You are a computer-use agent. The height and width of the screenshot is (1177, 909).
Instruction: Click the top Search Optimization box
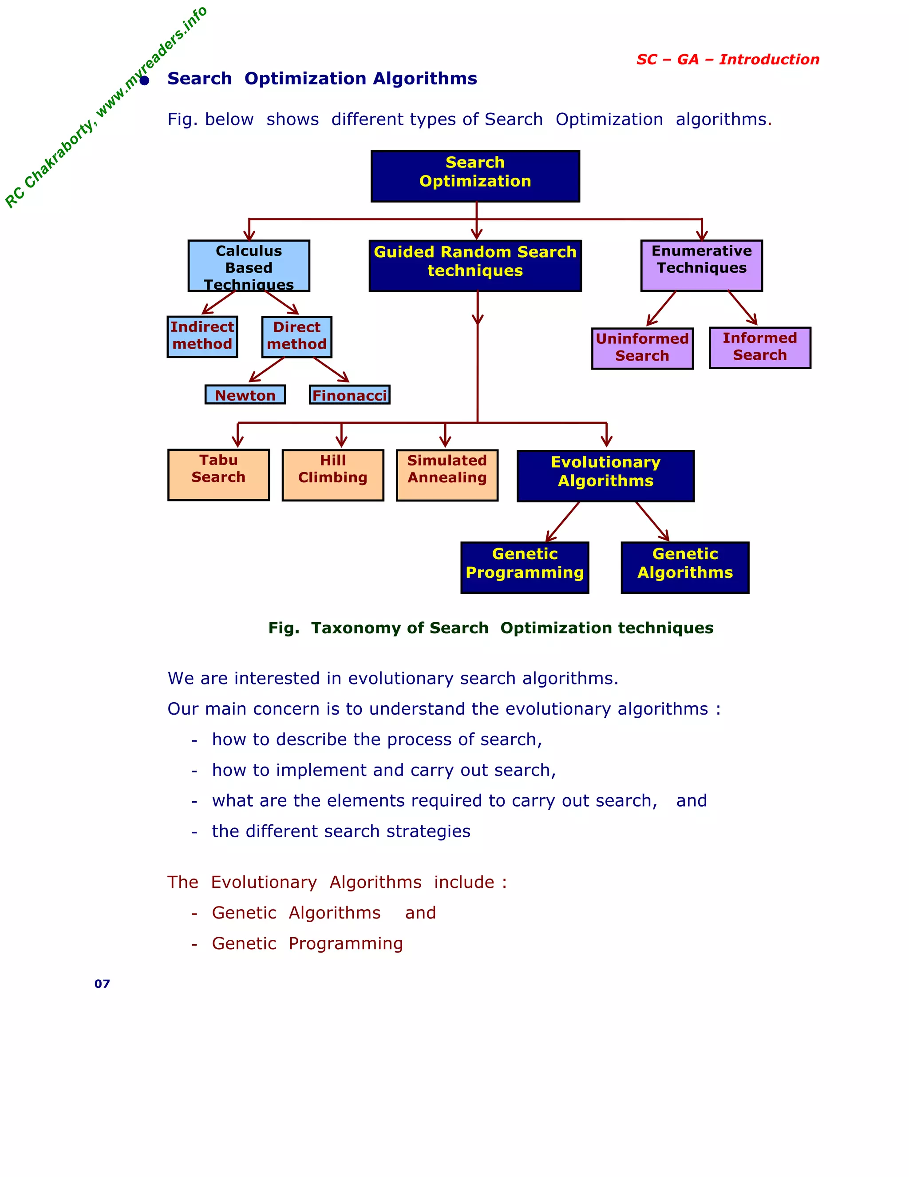point(475,176)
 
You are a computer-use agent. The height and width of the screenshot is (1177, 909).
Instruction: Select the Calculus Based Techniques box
point(249,266)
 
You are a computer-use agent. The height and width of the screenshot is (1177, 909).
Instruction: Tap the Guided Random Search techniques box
point(475,266)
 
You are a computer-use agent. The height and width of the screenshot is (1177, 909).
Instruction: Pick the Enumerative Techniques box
point(701,265)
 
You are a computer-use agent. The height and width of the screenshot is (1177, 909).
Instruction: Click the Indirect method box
point(202,336)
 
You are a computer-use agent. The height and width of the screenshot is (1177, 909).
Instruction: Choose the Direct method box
point(297,337)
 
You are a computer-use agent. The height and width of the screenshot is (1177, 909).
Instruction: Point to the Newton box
point(245,394)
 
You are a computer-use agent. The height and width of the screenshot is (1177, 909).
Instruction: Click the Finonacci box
point(349,394)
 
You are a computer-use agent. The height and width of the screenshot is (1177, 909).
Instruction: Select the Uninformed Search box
point(642,348)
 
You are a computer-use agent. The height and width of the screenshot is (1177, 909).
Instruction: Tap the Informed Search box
point(759,348)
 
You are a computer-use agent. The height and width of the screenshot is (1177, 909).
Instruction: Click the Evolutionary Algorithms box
point(605,476)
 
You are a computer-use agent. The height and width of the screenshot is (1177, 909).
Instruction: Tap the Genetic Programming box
point(525,568)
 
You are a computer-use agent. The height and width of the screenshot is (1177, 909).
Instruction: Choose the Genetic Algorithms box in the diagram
point(684,568)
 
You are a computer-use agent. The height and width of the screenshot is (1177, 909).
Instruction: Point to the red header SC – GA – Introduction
point(727,59)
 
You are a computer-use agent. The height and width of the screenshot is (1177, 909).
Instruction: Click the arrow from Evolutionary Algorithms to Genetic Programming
point(563,522)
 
